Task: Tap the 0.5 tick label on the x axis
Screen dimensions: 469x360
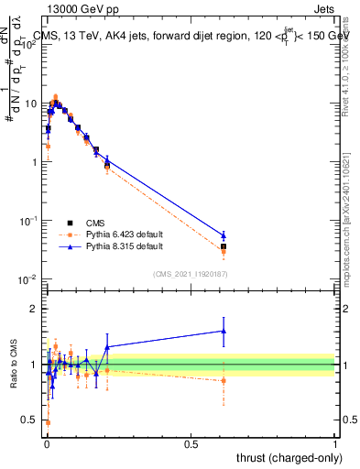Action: coord(191,443)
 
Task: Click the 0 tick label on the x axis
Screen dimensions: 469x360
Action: coord(47,443)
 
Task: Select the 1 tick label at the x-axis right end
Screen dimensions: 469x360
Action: coord(334,443)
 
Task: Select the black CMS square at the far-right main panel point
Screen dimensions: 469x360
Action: coord(224,246)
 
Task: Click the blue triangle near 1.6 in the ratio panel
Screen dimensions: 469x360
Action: coord(224,331)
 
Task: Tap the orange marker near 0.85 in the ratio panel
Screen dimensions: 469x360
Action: coord(224,380)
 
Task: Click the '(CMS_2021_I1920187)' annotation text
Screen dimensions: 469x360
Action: coord(191,274)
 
